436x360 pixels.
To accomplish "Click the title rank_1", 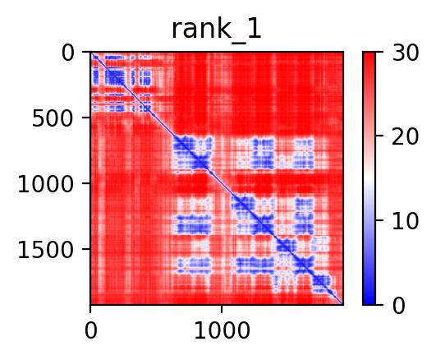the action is pos(216,30).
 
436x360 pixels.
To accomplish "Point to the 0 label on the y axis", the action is pos(67,53).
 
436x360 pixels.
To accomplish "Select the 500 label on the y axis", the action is pos(53,118).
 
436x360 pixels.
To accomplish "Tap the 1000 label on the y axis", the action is pos(46,184).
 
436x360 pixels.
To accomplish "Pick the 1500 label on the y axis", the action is pos(46,250).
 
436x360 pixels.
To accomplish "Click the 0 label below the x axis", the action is pos(90,330).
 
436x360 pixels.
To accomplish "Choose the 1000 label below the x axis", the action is pos(222,330).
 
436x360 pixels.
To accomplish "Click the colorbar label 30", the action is pos(405,53).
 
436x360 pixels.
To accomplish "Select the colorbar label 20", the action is pos(405,136).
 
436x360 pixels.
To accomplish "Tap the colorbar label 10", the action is pos(405,221).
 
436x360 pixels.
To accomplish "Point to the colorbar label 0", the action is pos(398,306).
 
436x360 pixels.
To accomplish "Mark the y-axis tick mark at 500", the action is pos(86,118).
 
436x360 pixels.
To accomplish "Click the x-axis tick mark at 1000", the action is pos(222,309).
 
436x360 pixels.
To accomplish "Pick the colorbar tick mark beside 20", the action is pos(379,136).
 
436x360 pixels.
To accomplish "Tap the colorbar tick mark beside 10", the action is pos(379,220).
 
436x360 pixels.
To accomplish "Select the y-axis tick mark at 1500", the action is pos(86,249).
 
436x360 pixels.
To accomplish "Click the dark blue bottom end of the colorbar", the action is pos(369,302).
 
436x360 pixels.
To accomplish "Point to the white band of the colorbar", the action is pos(369,178).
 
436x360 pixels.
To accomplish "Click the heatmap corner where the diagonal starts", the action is pos(91,52).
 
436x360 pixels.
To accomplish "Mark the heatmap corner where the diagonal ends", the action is pos(343,304).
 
